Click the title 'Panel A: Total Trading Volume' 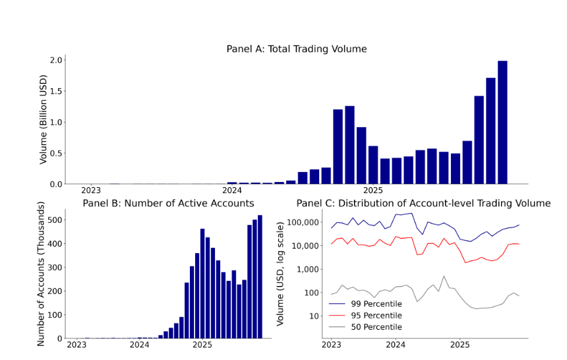tap(296, 49)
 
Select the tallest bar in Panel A tap(502, 122)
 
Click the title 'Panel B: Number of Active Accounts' tap(168, 203)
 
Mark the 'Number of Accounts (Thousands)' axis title tap(41, 279)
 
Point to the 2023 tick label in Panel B tap(76, 345)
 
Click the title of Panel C tap(423, 203)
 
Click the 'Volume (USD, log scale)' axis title tap(281, 274)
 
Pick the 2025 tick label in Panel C tap(460, 345)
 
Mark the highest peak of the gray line tap(444, 276)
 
